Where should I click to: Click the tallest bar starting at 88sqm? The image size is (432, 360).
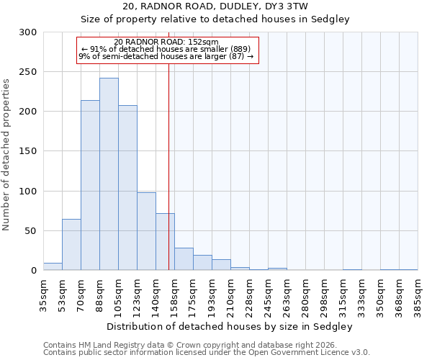pyautogui.click(x=109, y=174)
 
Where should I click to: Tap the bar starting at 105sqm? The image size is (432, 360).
pyautogui.click(x=127, y=188)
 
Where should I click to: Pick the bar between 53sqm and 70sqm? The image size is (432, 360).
pyautogui.click(x=71, y=245)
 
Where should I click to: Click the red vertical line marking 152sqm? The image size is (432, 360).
pyautogui.click(x=168, y=166)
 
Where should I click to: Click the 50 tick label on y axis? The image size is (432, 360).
pyautogui.click(x=31, y=231)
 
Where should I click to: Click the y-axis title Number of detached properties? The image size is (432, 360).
pyautogui.click(x=7, y=151)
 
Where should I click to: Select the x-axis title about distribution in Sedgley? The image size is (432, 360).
pyautogui.click(x=230, y=326)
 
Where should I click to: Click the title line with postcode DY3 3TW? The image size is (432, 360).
pyautogui.click(x=215, y=6)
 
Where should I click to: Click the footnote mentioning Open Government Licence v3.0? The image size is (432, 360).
pyautogui.click(x=207, y=353)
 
